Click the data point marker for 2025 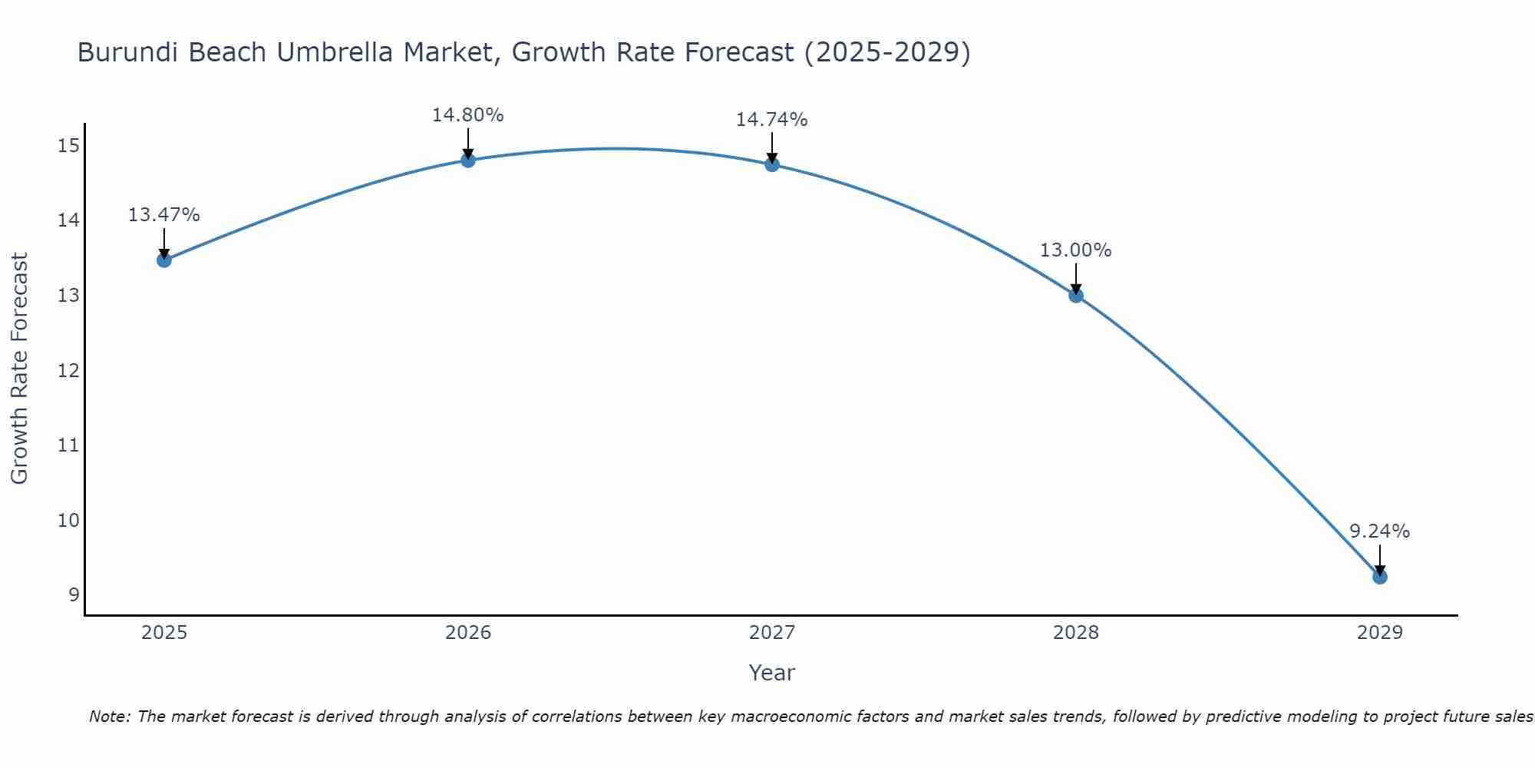[x=163, y=260]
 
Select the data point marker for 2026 [x=468, y=160]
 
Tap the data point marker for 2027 [x=772, y=164]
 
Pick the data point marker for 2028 [x=1076, y=295]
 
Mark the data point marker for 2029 [x=1380, y=577]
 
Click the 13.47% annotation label [x=163, y=215]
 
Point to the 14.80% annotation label [x=467, y=115]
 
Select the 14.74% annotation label [x=771, y=120]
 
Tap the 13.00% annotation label [x=1075, y=250]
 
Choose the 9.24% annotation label [x=1379, y=531]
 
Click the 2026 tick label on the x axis [x=468, y=633]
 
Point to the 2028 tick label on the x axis [x=1076, y=633]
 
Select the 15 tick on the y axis [x=68, y=146]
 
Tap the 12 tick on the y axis [x=68, y=371]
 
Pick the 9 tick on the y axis [x=74, y=595]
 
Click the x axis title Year [x=771, y=673]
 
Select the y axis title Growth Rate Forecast [x=19, y=369]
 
